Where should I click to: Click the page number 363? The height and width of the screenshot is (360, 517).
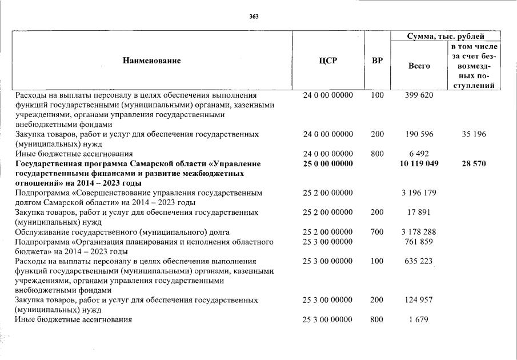254,17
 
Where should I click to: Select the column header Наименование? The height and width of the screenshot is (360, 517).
151,61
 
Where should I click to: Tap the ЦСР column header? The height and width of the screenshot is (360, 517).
328,61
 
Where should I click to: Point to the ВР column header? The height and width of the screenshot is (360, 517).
377,61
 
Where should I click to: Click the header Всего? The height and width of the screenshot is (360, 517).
419,66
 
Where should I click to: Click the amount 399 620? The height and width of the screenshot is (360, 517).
419,95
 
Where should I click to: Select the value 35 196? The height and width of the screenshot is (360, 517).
474,134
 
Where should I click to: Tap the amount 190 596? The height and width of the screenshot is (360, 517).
419,134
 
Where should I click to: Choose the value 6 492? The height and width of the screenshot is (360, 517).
419,154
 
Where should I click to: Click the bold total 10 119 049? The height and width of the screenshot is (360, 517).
419,164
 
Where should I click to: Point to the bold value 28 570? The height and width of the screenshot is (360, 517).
474,164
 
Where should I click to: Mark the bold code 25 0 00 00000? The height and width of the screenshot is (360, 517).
328,164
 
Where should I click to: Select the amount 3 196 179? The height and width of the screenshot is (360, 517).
419,193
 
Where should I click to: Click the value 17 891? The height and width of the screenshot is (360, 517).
419,213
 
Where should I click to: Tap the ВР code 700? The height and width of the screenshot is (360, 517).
377,232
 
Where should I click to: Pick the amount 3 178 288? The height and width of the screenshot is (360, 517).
419,232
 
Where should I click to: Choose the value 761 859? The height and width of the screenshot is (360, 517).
419,242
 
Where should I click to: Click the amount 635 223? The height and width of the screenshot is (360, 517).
419,261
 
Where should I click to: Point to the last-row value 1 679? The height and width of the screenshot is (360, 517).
419,319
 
